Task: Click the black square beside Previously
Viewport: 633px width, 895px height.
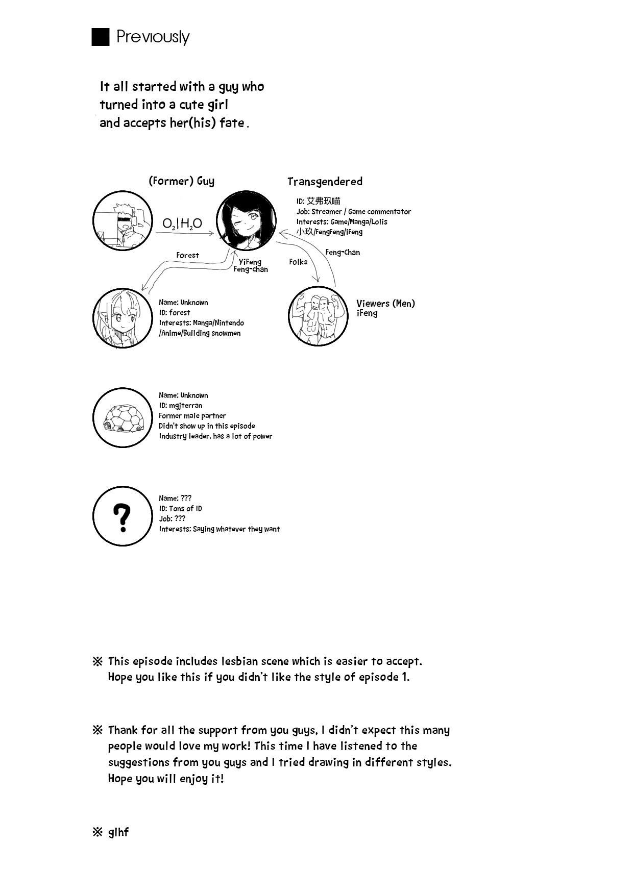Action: [x=101, y=37]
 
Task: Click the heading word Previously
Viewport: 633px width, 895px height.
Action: [x=153, y=37]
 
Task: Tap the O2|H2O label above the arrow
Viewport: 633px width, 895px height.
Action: [x=182, y=223]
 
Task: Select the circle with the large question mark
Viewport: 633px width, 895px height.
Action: [x=123, y=516]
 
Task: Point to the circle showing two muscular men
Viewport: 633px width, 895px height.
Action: [x=318, y=315]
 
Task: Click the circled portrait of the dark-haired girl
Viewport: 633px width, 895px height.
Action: [x=246, y=220]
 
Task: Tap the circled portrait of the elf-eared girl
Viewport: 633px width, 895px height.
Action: [x=123, y=318]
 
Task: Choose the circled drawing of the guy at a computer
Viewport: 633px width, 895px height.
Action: [x=123, y=221]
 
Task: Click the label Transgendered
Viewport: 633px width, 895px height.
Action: [x=325, y=182]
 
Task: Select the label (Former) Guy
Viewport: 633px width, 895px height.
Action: [x=181, y=181]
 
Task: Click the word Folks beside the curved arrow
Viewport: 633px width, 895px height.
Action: [x=298, y=262]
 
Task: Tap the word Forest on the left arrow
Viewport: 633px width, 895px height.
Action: [x=187, y=255]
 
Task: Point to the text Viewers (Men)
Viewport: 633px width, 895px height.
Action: [x=385, y=304]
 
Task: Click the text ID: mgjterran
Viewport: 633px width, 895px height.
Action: [x=180, y=406]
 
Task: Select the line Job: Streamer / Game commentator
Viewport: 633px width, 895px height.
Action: [x=353, y=212]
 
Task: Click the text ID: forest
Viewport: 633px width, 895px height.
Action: [x=174, y=313]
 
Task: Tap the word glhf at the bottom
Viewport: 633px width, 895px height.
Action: [x=118, y=832]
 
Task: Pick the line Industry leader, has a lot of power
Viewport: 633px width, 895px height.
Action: [x=215, y=436]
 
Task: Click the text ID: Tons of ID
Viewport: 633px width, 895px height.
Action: [x=180, y=509]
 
